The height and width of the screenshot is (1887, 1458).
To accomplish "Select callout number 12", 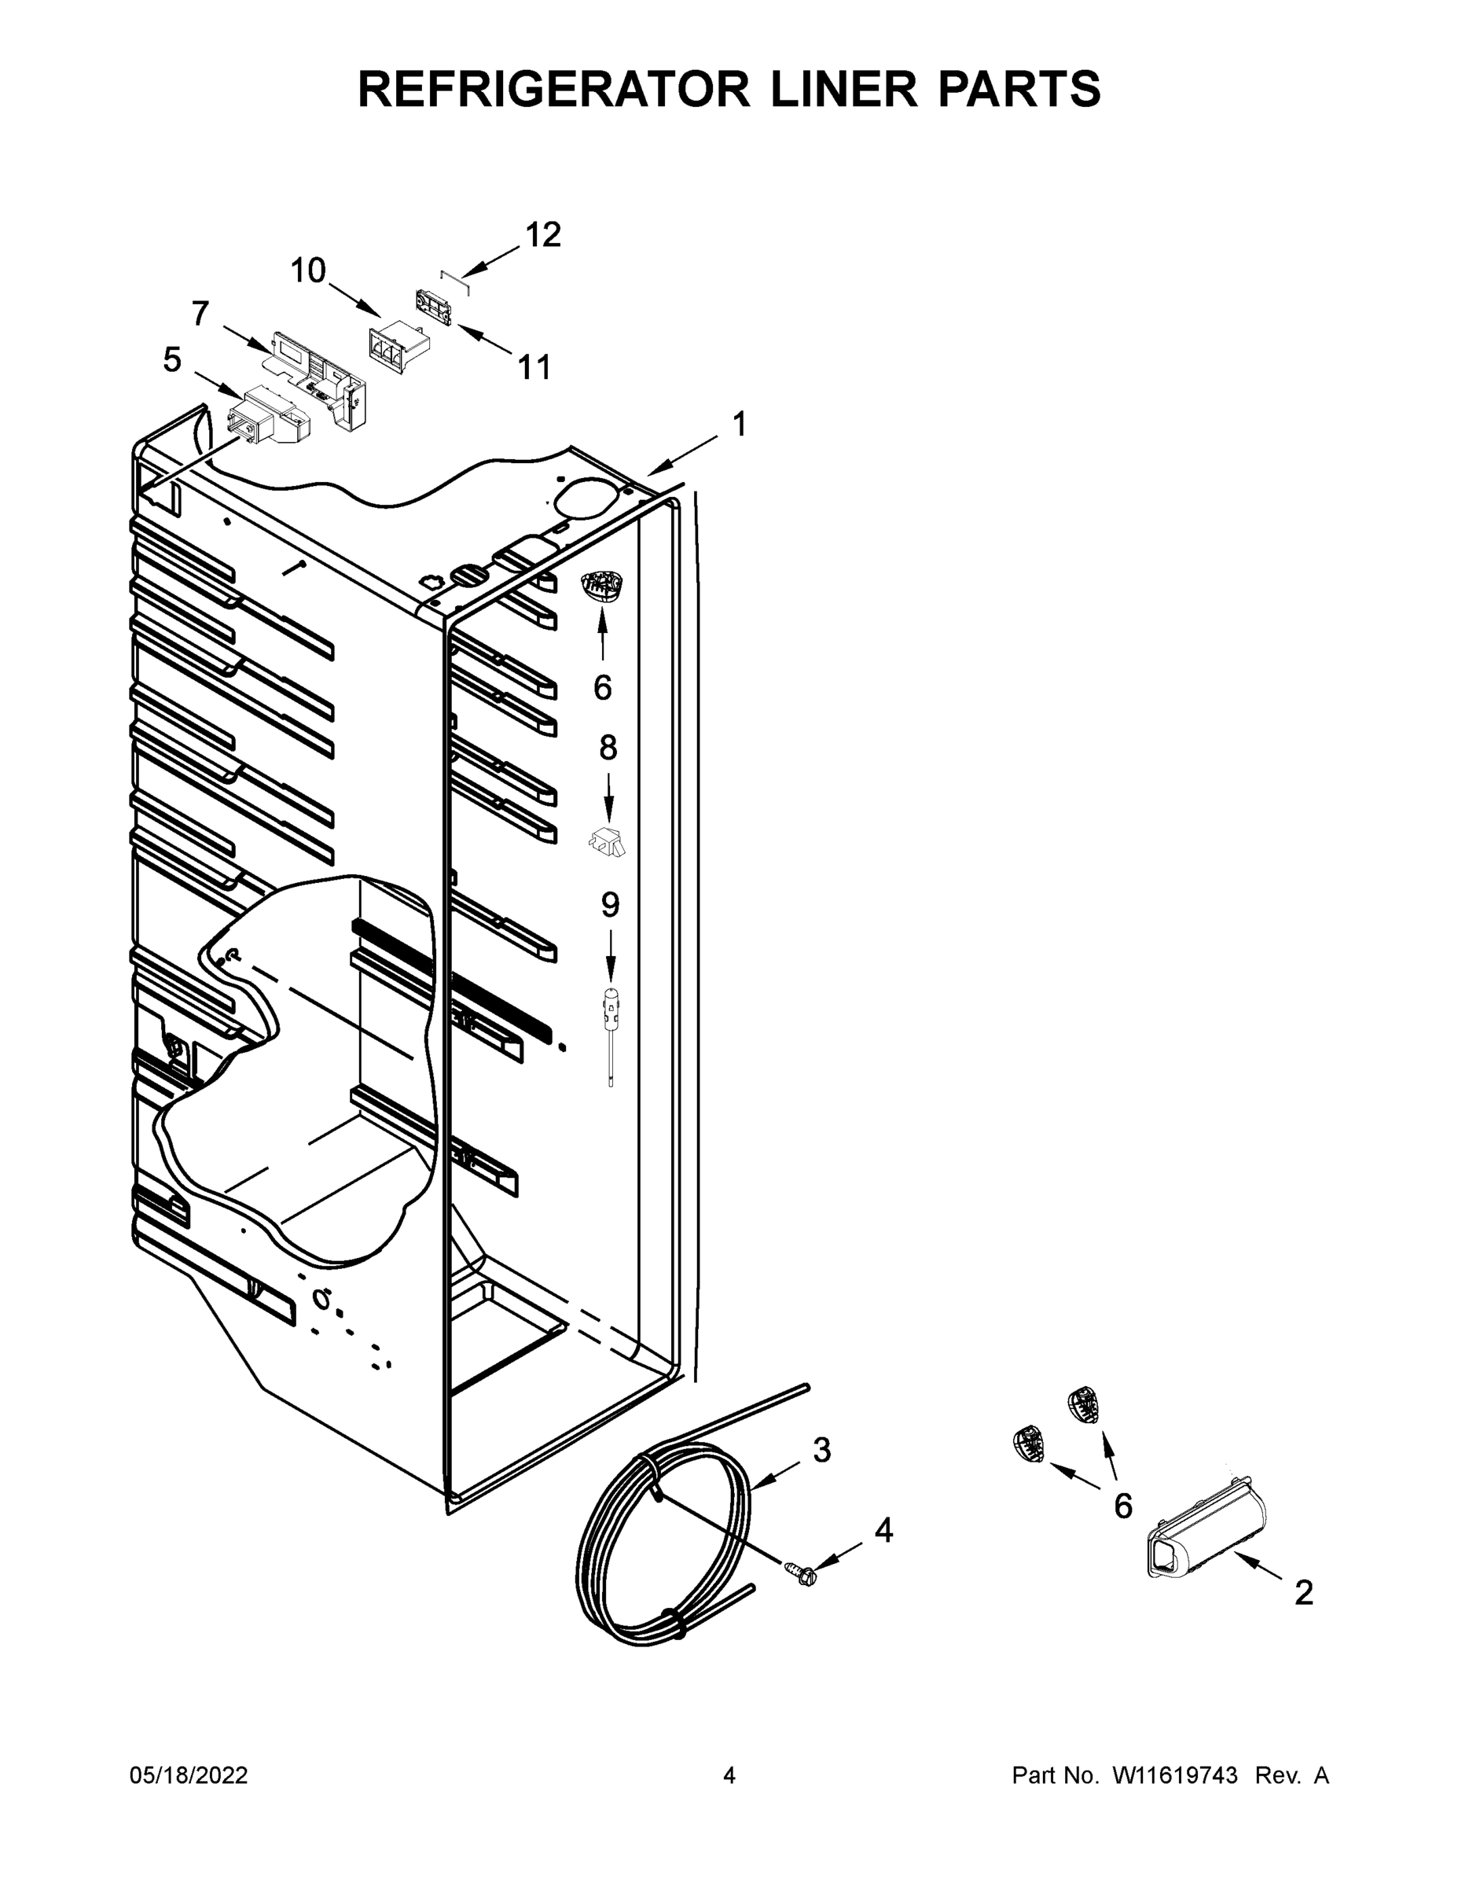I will pyautogui.click(x=543, y=234).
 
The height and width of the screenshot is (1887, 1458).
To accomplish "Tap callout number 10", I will pyautogui.click(x=307, y=270).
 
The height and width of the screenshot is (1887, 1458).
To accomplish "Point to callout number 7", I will pyautogui.click(x=200, y=314).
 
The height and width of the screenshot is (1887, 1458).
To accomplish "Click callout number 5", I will pyautogui.click(x=172, y=359).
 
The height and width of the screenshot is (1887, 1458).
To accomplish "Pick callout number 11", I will pyautogui.click(x=534, y=367).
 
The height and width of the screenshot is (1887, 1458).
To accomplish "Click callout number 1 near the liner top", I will pyautogui.click(x=739, y=425).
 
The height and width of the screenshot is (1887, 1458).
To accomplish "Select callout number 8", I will pyautogui.click(x=608, y=748).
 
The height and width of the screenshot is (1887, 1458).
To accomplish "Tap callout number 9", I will pyautogui.click(x=610, y=905).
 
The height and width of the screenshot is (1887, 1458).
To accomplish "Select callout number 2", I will pyautogui.click(x=1303, y=1592).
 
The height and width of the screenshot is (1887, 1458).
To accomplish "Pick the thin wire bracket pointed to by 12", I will pyautogui.click(x=454, y=281).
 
